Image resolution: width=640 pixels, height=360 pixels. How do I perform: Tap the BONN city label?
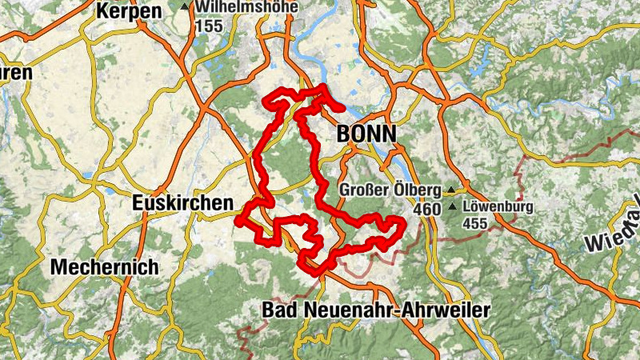click(x=366, y=134)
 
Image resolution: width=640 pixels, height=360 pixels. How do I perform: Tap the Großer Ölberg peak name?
click(x=390, y=190)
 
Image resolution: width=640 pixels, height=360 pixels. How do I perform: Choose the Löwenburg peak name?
click(x=496, y=206)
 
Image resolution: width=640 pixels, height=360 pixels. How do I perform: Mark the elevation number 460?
click(x=428, y=209)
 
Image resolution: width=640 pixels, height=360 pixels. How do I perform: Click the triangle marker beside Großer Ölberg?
click(x=450, y=190)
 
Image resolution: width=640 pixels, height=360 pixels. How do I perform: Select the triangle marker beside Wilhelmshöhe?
click(x=186, y=7)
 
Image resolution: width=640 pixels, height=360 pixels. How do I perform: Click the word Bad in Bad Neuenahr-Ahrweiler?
click(x=278, y=310)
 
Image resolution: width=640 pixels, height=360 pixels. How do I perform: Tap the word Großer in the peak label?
click(x=365, y=190)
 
